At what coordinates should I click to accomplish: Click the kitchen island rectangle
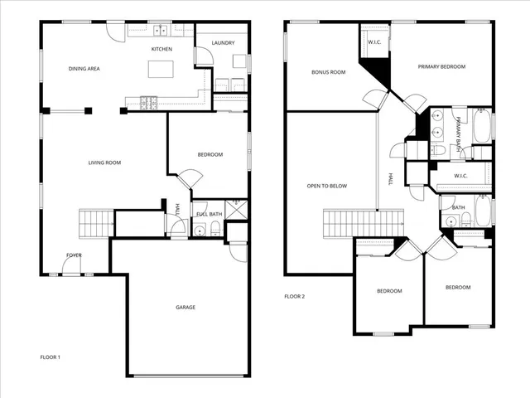pyautogui.click(x=161, y=70)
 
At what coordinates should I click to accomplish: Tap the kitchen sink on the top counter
pyautogui.click(x=160, y=32)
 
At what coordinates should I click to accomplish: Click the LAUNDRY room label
pyautogui.click(x=223, y=43)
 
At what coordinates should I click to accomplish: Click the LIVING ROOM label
pyautogui.click(x=104, y=163)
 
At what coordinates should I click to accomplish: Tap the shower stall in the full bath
pyautogui.click(x=237, y=208)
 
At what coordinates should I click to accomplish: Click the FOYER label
pyautogui.click(x=75, y=255)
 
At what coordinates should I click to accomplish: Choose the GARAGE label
pyautogui.click(x=185, y=308)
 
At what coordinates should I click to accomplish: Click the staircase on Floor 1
pyautogui.click(x=95, y=223)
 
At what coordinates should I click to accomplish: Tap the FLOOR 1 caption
pyautogui.click(x=51, y=357)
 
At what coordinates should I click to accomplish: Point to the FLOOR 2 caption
pyautogui.click(x=295, y=296)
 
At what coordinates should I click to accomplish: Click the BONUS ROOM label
pyautogui.click(x=328, y=72)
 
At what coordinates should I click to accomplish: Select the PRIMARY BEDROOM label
pyautogui.click(x=441, y=66)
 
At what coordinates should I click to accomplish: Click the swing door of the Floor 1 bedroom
pyautogui.click(x=189, y=178)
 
